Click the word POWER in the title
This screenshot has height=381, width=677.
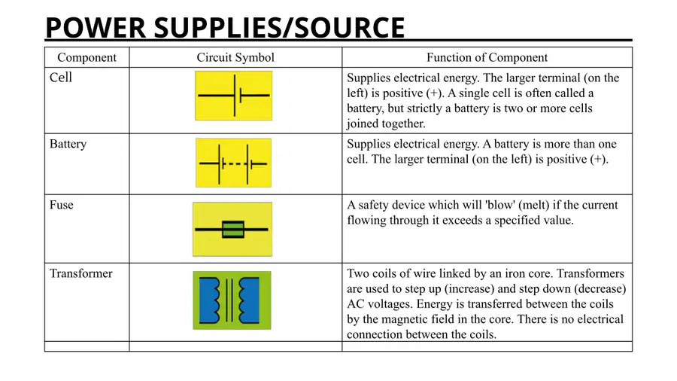pos(96,27)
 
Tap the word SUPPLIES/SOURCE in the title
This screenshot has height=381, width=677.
pos(279,27)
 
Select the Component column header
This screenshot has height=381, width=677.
pos(87,57)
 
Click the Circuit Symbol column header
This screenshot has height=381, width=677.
pos(235,57)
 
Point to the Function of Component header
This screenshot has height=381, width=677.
pos(487,57)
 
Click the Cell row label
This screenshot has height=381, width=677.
pos(60,78)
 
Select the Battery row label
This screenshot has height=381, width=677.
pos(68,144)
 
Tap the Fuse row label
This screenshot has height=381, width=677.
pos(62,205)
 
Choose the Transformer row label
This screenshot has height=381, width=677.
pos(80,273)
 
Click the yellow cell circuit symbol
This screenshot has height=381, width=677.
pos(234,96)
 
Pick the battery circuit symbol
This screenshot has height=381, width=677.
pos(234,163)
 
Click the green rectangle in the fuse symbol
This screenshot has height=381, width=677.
pos(233,230)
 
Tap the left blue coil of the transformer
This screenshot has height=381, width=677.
pos(209,300)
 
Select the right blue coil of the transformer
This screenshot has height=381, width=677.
pos(250,300)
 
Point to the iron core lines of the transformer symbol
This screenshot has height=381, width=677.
pos(229,300)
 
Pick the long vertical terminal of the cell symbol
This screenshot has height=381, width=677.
pos(235,96)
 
